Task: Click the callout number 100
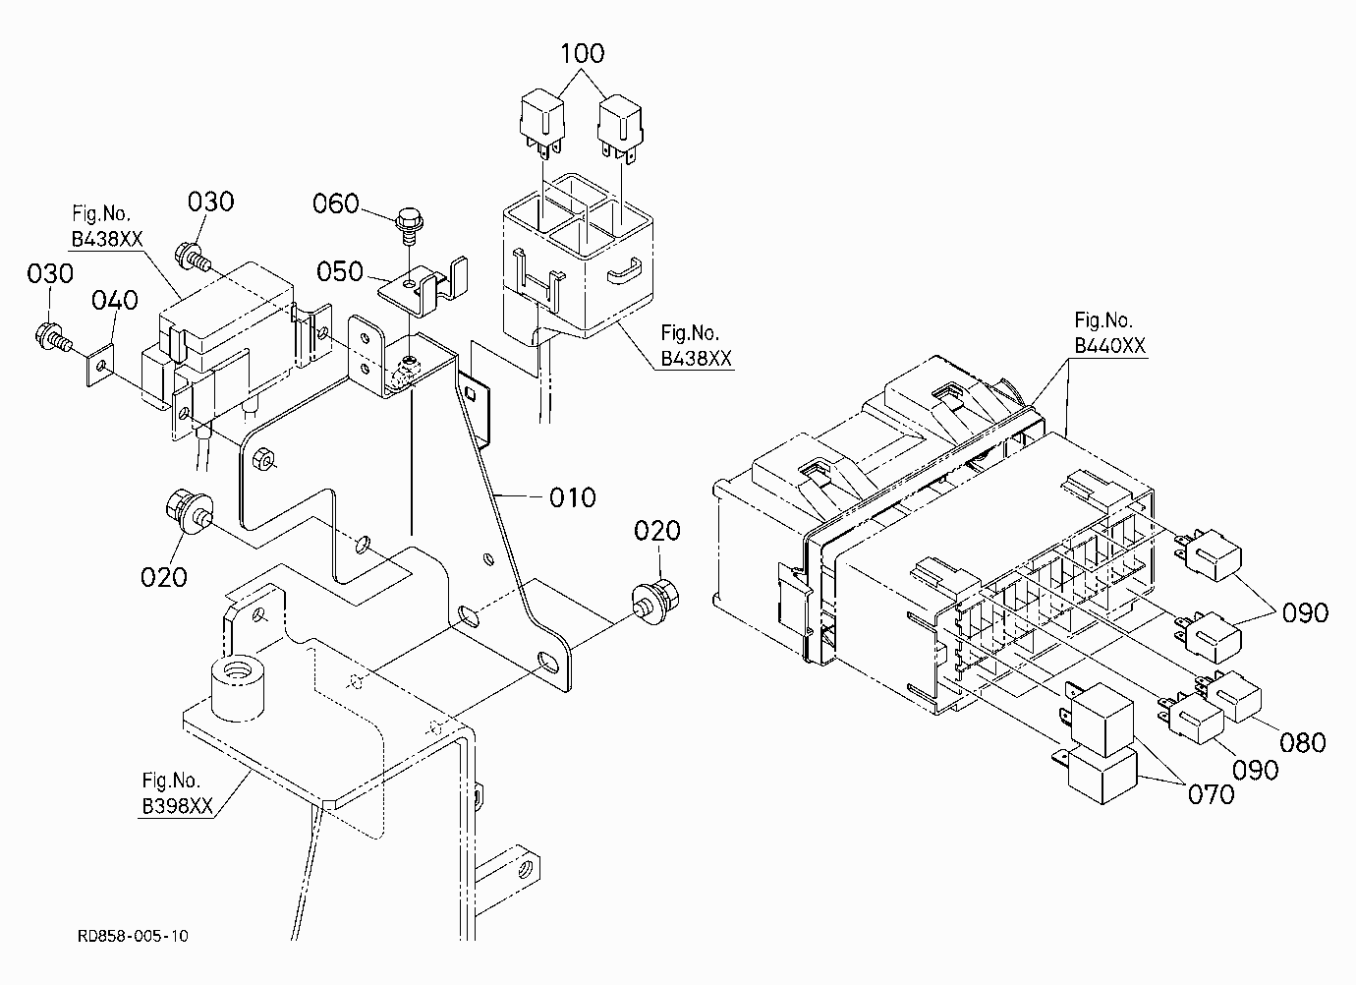[582, 53]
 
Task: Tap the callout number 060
[336, 203]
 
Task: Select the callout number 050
[340, 271]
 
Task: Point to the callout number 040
[115, 300]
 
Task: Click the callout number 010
[573, 497]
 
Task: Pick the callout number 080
[1303, 742]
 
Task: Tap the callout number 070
[1211, 794]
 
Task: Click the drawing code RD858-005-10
[134, 936]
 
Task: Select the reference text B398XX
[178, 806]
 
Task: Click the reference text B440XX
[1110, 346]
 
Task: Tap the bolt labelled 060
[410, 226]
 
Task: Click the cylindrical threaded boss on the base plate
[237, 690]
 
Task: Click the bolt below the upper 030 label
[193, 258]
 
